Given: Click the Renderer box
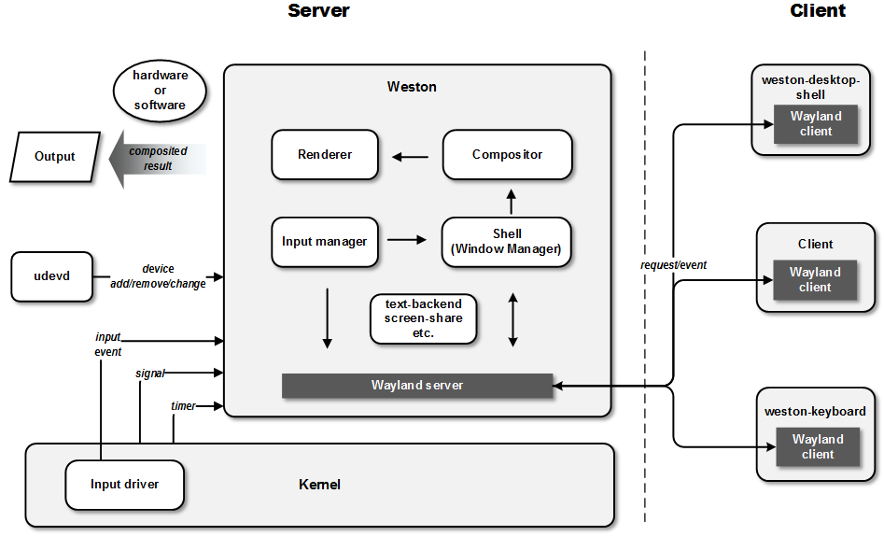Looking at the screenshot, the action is point(325,155).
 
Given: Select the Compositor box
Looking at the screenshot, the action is point(508,155).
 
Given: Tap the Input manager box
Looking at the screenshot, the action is point(325,242).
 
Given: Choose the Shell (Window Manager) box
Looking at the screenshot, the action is point(507,242).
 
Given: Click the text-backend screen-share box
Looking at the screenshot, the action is point(424,318).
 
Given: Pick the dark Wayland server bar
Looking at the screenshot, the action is point(417,386).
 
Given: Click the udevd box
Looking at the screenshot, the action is point(52,276).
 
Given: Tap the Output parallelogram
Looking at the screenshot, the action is point(55,157).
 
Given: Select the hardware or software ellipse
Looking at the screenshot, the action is point(161,91).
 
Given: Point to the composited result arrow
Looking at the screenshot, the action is point(158,159).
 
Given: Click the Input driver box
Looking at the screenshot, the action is point(124,485).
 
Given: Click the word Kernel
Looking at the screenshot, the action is point(319,485).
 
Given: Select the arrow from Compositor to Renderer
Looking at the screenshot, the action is point(411,157).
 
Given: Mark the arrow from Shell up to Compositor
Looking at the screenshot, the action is point(512,202).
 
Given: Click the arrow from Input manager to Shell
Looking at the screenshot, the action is point(407,240).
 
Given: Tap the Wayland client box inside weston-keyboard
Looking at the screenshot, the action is point(818,447).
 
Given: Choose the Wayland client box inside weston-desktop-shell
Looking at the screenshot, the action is point(816,123).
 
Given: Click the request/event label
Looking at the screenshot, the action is point(674,265).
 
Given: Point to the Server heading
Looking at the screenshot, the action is point(318,10).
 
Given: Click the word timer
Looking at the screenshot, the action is point(183,405).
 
